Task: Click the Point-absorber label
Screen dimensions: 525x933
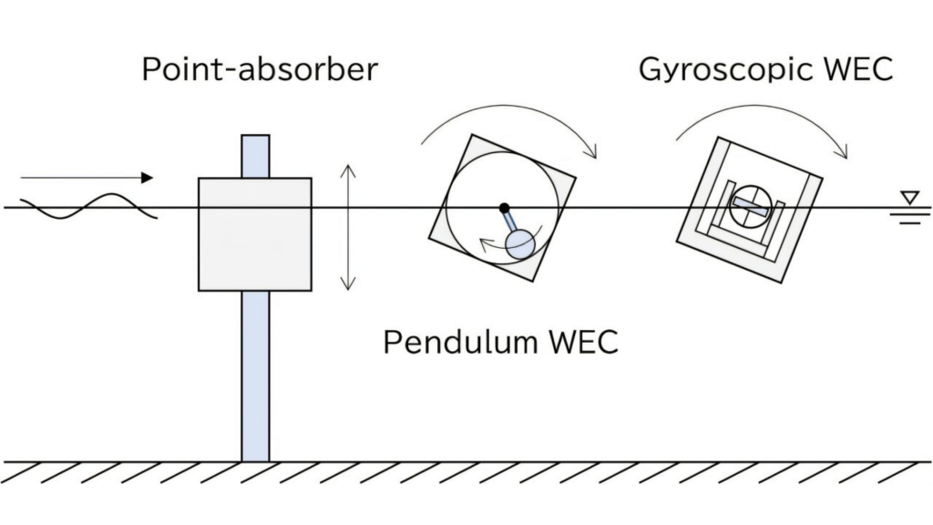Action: tap(259, 69)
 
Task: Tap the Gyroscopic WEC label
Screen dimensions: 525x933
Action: tap(766, 69)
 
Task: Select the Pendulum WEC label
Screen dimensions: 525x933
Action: tap(500, 343)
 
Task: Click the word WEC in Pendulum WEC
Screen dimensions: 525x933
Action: tap(583, 343)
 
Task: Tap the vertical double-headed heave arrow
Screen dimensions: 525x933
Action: tap(346, 227)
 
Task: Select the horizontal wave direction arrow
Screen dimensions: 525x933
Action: tap(87, 178)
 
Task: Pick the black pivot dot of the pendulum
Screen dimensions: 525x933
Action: tap(504, 208)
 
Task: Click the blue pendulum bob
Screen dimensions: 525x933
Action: tap(520, 242)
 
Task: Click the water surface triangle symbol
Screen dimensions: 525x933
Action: tap(908, 196)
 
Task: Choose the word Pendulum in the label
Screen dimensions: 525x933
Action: tap(461, 343)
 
